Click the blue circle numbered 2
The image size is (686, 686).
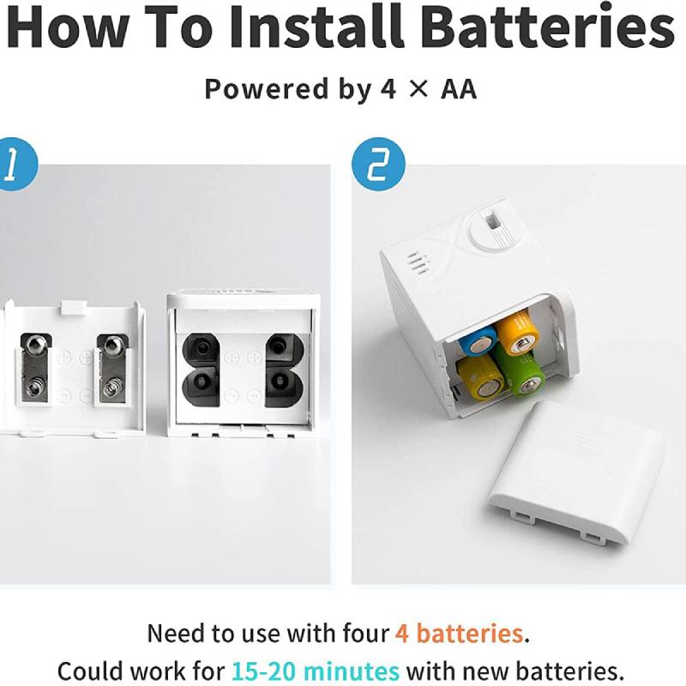pos(378,164)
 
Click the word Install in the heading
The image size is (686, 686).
pos(316,27)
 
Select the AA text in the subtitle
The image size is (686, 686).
pos(459,89)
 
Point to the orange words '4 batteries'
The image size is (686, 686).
pos(459,633)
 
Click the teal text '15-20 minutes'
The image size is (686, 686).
pos(316,671)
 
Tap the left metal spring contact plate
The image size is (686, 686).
pos(36,368)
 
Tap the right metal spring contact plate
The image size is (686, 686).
pos(113,369)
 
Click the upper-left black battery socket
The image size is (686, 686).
pos(201,350)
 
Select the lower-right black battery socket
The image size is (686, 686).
pos(285,387)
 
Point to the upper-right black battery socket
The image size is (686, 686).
pos(285,350)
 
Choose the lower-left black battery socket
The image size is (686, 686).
pos(201,387)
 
